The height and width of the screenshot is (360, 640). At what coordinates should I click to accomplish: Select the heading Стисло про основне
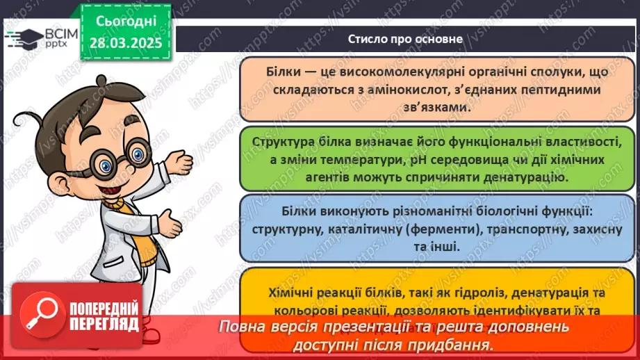[x=405, y=39]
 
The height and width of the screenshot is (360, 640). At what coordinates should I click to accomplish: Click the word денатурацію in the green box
[x=525, y=177]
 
